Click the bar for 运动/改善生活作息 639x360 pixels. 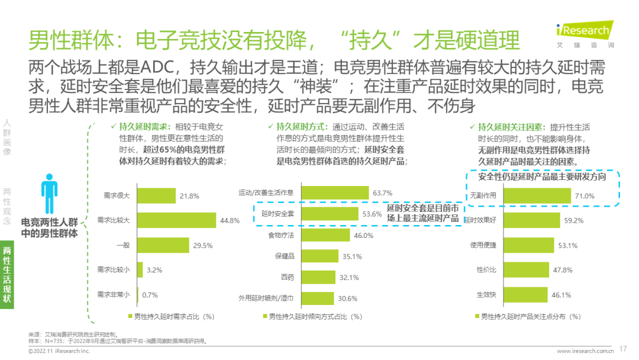coord(335,193)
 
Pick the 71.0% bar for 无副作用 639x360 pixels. coord(535,196)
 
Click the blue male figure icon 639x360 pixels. coord(49,189)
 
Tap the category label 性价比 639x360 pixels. coord(486,269)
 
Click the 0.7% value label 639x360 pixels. coord(150,294)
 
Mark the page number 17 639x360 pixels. coord(622,349)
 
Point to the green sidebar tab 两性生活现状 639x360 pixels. coord(7,274)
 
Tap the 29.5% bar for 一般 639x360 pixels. coord(163,245)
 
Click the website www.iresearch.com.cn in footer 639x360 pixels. coord(583,351)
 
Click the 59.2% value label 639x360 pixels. coord(573,221)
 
